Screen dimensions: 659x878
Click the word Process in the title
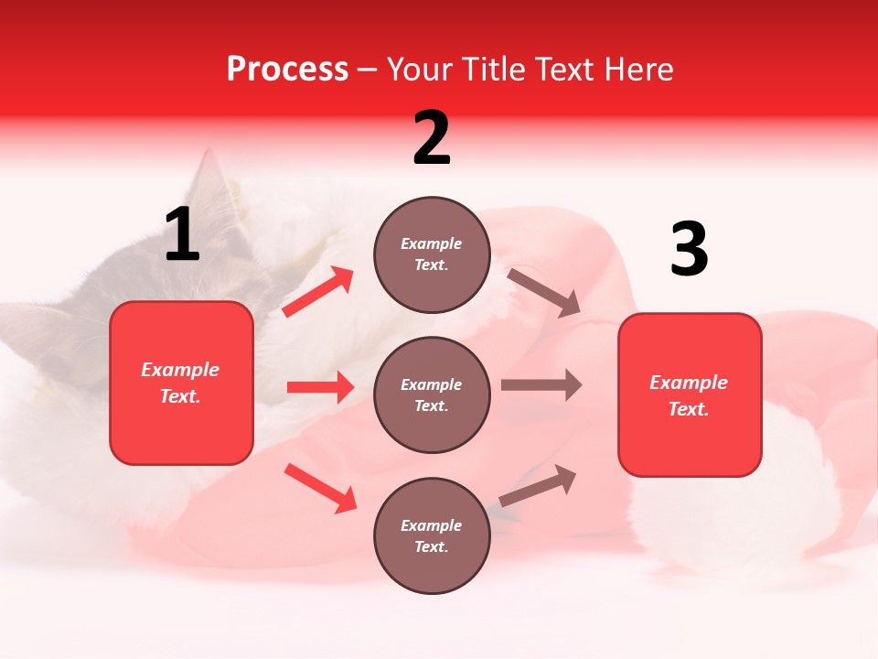pos(287,69)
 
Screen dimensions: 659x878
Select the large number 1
pos(182,235)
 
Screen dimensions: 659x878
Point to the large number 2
pos(432,138)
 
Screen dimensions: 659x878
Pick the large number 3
pos(689,250)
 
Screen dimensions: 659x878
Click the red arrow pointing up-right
pos(318,292)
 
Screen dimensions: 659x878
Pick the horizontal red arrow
pos(320,387)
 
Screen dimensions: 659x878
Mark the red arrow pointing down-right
pos(321,487)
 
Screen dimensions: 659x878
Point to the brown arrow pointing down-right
pos(544,292)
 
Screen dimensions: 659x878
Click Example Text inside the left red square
pos(180,383)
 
